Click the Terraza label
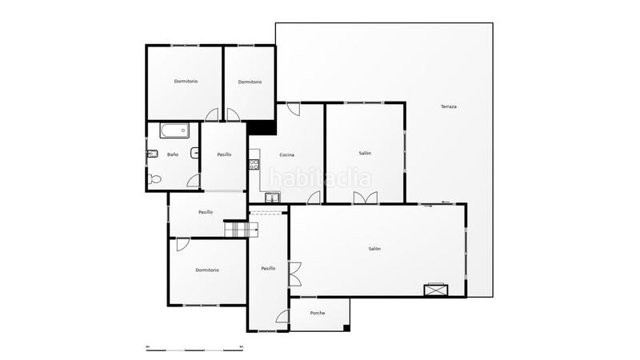(x=448, y=106)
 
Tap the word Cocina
(x=286, y=154)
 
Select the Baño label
(x=172, y=154)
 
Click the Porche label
(x=318, y=313)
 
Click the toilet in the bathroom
(x=154, y=179)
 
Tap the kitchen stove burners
(x=254, y=165)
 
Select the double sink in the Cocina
(x=273, y=198)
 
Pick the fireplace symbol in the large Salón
(x=437, y=290)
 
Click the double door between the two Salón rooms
(x=365, y=199)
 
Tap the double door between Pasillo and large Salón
(x=294, y=274)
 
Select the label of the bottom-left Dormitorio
(x=207, y=270)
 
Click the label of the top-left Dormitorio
(x=186, y=82)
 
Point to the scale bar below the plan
(x=194, y=347)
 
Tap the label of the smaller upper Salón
(x=365, y=154)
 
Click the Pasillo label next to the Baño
(x=224, y=154)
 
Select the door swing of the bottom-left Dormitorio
(x=182, y=245)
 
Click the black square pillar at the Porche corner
(x=346, y=327)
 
